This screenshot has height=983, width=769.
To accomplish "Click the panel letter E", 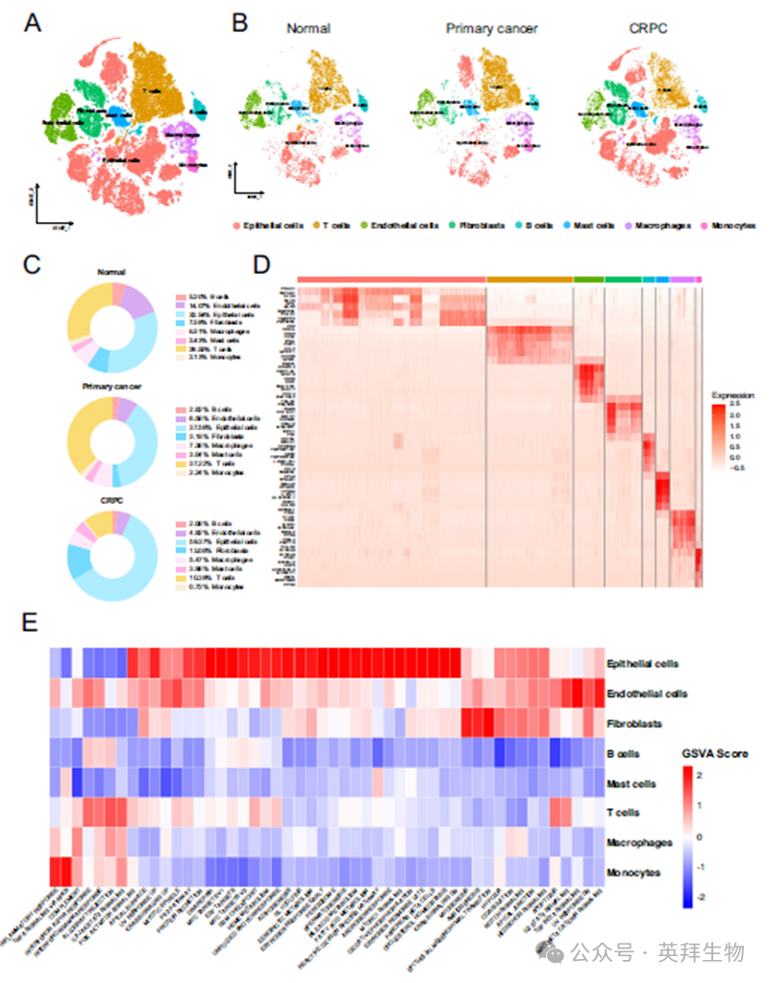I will [x=31, y=622].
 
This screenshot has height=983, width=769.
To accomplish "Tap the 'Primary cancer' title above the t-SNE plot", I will [x=491, y=29].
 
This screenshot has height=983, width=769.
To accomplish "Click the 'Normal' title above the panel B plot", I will [x=309, y=29].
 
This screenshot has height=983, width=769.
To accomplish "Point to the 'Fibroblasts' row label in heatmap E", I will [x=632, y=722].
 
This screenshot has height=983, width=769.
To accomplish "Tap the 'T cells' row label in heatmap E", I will [x=624, y=813].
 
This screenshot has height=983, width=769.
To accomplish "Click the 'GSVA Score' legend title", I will [x=715, y=753].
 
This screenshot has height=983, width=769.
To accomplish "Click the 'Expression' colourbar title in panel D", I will [x=732, y=395].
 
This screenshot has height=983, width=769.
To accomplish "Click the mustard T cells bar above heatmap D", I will [x=530, y=278].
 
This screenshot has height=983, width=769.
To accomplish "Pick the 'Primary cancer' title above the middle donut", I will [x=112, y=387].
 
